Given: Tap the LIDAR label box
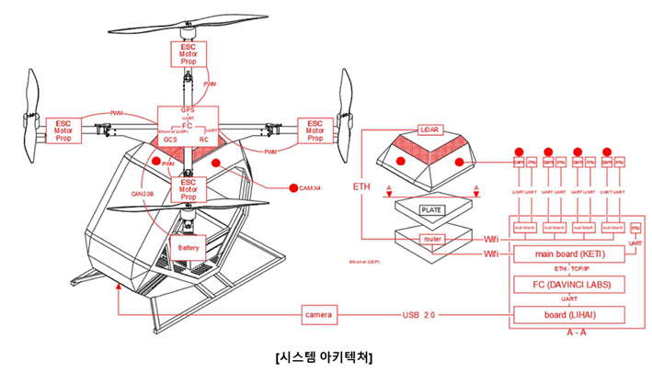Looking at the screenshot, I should [431, 130].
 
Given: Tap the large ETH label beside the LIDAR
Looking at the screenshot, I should [360, 186].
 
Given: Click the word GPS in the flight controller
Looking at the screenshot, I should [188, 110].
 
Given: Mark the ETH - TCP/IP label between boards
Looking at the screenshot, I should [571, 269].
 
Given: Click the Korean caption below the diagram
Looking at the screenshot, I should [326, 355].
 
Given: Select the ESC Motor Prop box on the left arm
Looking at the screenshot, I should [63, 130].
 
